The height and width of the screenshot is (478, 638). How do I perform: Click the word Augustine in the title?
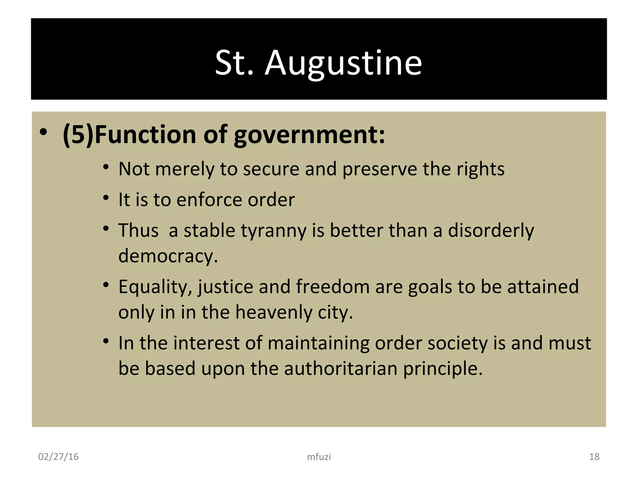coord(343,64)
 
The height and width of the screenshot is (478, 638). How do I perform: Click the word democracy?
coord(168,256)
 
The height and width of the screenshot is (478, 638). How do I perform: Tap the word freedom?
coord(333,287)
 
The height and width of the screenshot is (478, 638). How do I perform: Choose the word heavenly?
coord(274,312)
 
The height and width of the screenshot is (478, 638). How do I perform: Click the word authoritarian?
coord(340,368)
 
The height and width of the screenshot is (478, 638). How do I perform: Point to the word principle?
coord(443,369)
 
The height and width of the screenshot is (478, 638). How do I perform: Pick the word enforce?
coord(209,200)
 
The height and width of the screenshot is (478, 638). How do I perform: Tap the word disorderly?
coord(491,231)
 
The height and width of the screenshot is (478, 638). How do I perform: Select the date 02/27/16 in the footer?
coord(58,457)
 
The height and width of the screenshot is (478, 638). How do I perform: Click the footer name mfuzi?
coord(319,457)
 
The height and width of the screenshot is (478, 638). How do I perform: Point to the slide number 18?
coord(594,457)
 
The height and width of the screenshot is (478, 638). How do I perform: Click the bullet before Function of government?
coord(43,132)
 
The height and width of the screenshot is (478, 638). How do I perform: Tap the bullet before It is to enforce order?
coord(106,198)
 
